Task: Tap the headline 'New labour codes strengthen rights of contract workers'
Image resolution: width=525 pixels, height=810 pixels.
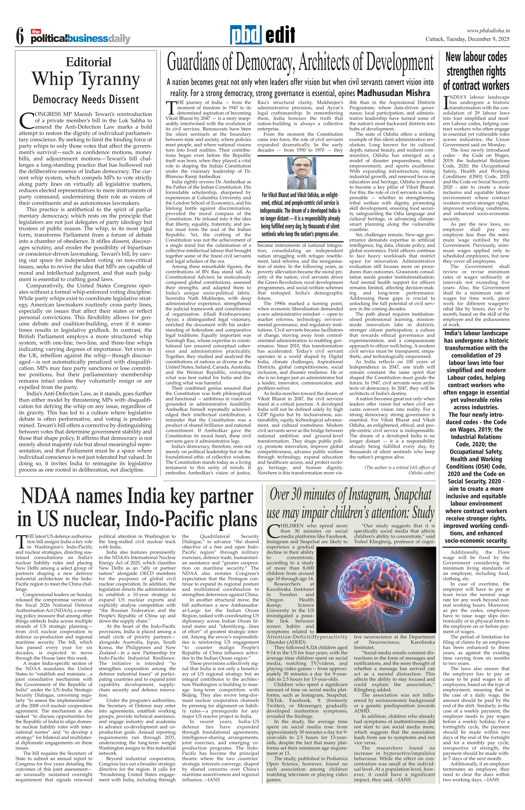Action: coord(476,71)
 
